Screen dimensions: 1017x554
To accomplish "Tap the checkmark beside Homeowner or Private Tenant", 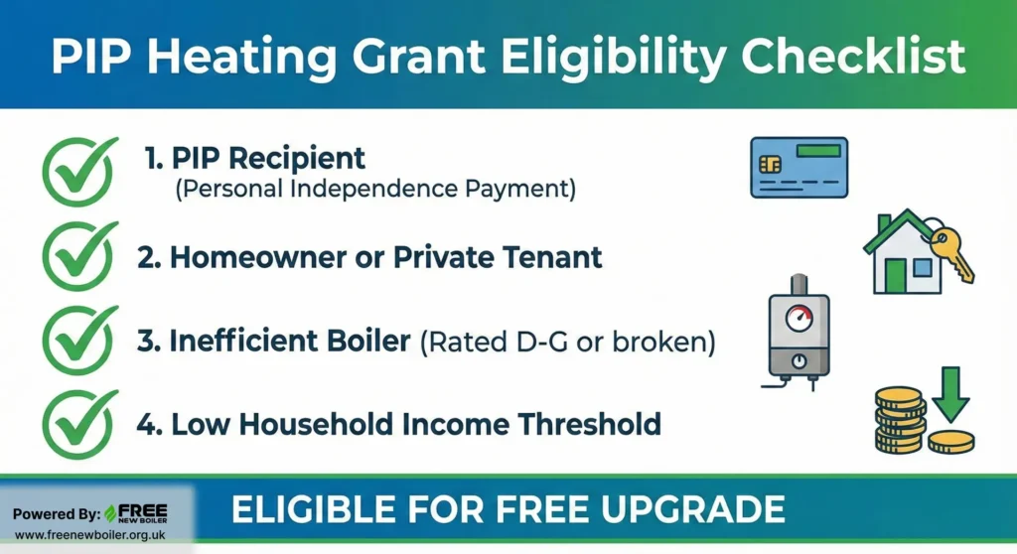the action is (79, 256).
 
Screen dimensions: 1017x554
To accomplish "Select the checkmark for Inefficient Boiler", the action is (79, 341).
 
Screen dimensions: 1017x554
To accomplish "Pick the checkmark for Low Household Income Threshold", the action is (79, 425).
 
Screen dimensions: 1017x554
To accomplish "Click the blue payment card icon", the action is (799, 168).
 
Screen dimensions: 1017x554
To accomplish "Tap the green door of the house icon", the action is (895, 275).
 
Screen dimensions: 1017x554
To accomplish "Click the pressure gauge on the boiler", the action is (799, 318).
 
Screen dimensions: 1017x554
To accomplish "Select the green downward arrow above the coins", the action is (950, 394).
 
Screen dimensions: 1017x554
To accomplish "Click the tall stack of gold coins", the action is (898, 420).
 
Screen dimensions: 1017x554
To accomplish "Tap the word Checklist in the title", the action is (853, 57).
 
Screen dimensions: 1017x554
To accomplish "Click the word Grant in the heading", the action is (418, 57).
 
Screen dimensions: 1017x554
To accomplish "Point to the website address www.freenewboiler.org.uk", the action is (89, 535).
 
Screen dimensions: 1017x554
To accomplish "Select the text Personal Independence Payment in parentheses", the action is (375, 190).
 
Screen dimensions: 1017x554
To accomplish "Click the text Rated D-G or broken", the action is (568, 342).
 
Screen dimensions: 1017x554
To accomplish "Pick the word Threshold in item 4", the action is (590, 424).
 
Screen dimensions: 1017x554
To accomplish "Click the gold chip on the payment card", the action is (770, 164).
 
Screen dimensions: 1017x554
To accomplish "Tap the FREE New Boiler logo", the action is (136, 513).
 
